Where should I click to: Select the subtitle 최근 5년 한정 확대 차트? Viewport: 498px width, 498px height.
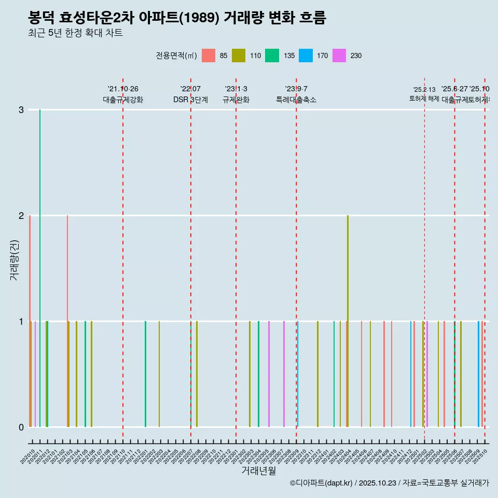tap(75, 34)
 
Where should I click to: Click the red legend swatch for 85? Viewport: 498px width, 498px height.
tap(209, 56)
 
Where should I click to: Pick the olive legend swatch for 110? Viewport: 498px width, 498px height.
tap(239, 56)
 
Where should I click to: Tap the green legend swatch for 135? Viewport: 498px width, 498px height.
tap(272, 56)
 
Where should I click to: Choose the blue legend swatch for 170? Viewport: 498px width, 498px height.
tap(306, 56)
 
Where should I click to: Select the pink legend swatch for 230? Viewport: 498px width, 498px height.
tap(339, 56)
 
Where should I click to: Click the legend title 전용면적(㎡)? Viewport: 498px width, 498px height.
tap(176, 56)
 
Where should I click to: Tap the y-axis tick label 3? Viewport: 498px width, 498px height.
tap(21, 109)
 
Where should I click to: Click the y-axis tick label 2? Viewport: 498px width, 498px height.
tap(21, 215)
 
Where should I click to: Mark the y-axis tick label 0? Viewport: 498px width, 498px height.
tap(21, 427)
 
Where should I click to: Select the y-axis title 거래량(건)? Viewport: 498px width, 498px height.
tap(14, 260)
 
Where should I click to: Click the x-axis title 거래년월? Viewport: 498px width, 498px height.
tap(258, 471)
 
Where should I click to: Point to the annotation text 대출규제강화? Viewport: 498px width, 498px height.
tap(123, 100)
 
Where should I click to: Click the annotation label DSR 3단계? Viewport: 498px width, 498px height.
tap(190, 100)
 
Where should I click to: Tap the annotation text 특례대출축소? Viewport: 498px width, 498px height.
tap(296, 100)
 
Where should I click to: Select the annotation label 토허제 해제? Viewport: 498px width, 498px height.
tap(424, 99)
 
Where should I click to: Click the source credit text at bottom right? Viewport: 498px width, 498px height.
tap(389, 483)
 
